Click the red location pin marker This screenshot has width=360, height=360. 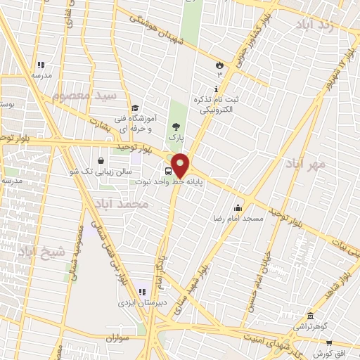coord(180,165)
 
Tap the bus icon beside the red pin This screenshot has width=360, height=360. coord(169,170)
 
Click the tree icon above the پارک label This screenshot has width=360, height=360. coord(175,126)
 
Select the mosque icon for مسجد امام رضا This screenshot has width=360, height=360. coord(238,207)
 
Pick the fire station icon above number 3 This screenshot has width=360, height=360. coord(219,65)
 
